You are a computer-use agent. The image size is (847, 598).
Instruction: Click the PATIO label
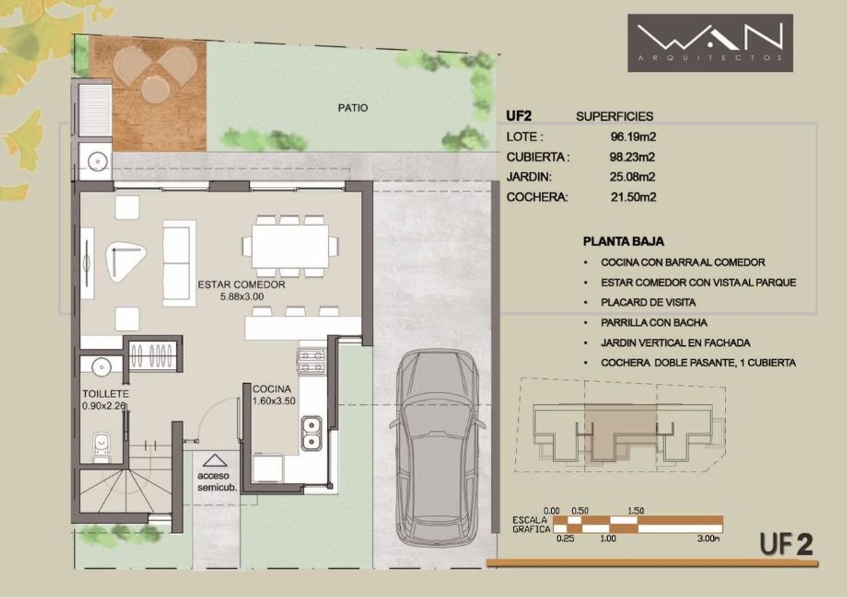(353, 108)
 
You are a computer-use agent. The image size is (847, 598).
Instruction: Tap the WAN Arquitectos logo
(710, 43)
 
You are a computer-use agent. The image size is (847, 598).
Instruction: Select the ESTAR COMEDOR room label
(241, 285)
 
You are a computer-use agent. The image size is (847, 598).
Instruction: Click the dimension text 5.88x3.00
(242, 297)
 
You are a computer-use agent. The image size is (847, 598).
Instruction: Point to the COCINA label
(272, 389)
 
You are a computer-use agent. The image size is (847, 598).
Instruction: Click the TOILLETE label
(105, 394)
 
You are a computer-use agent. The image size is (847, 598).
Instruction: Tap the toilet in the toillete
(101, 448)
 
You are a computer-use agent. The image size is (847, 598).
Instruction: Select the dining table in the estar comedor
(290, 246)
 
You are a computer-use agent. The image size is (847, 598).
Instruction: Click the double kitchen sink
(312, 433)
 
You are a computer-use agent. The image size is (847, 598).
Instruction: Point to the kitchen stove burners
(312, 361)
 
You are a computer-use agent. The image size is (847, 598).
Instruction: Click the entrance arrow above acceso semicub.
(215, 460)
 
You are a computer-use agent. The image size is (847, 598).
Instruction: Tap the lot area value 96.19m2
(634, 137)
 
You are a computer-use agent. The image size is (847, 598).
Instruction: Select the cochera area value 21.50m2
(634, 197)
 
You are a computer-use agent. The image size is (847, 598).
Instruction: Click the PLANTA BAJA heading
(623, 241)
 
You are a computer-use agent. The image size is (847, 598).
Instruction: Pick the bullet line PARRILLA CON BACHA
(654, 322)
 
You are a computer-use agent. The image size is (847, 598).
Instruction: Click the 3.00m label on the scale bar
(708, 539)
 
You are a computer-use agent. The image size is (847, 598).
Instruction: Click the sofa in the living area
(179, 263)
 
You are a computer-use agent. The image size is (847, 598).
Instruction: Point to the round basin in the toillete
(101, 366)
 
